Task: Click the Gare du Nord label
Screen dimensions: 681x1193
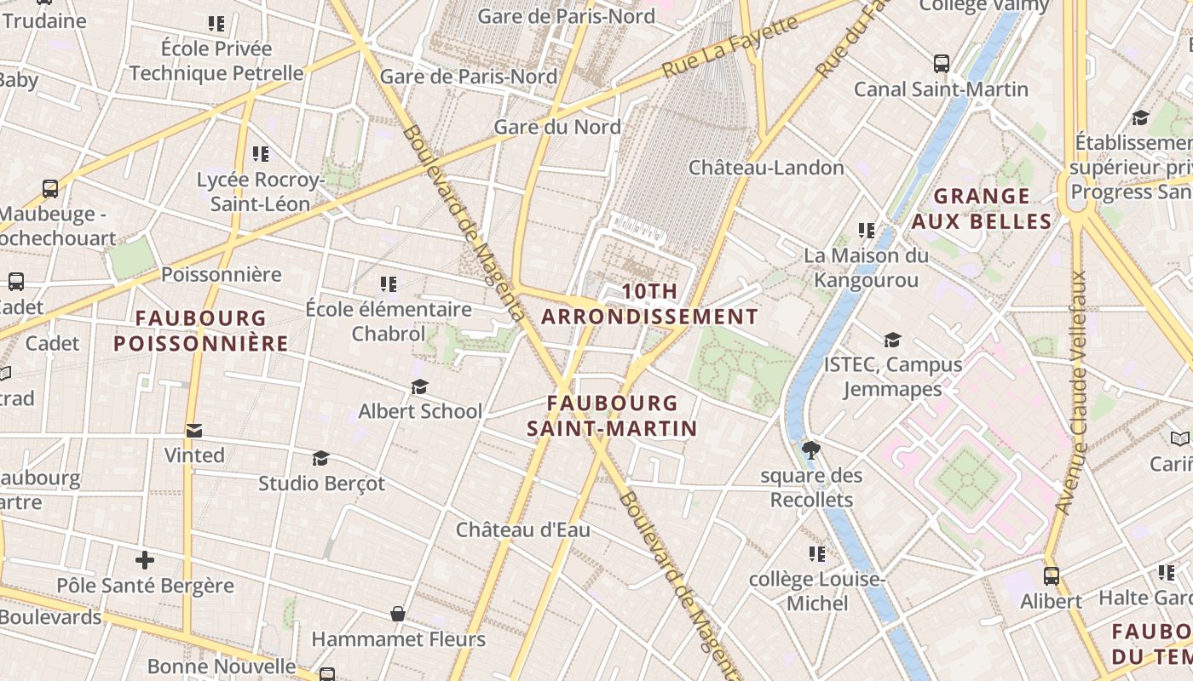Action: coord(557,127)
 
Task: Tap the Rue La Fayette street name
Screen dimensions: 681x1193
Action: coord(730,47)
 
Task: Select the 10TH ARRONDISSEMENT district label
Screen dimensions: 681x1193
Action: coord(649,304)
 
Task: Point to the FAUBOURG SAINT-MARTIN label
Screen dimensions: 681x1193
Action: coord(612,415)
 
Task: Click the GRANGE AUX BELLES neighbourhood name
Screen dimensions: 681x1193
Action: coord(981,209)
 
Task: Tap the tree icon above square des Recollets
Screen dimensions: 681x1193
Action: coord(811,449)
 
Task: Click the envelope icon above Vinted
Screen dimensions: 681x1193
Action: coord(194,431)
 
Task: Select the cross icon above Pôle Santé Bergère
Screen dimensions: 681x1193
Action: coord(145,560)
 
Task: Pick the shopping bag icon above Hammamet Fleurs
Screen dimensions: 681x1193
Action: coord(397,614)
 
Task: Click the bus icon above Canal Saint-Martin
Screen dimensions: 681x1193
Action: coord(941,64)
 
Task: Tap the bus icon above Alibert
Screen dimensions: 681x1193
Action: coord(1051,576)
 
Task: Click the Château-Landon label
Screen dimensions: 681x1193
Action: coord(766,168)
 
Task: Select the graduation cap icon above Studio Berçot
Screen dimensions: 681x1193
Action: coord(320,459)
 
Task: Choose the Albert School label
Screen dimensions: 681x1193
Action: coord(420,411)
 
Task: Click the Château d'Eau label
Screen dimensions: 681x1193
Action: coord(522,529)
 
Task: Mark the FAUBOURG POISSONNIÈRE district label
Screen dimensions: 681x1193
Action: coord(201,330)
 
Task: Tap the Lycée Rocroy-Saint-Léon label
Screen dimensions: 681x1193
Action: coord(260,192)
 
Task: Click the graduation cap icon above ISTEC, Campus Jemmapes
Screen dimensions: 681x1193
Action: coord(892,340)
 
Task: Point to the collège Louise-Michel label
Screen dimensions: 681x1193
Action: coord(816,592)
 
